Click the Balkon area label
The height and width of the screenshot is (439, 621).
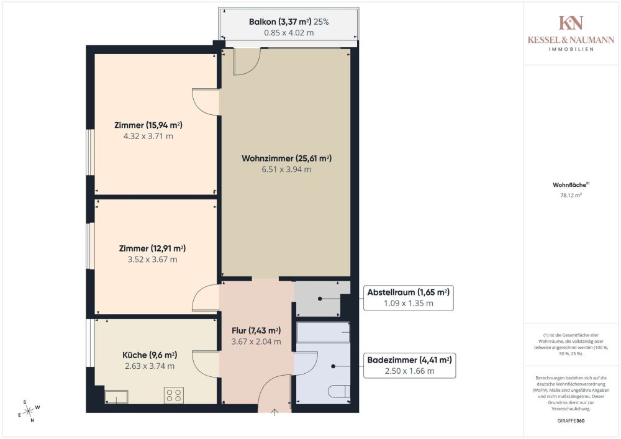[x=289, y=22]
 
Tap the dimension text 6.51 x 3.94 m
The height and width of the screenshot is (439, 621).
[x=286, y=170]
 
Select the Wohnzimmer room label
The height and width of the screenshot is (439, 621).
[x=286, y=158]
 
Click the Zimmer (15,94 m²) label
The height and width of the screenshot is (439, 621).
[x=148, y=125]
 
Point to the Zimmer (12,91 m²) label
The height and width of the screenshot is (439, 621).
[x=152, y=248]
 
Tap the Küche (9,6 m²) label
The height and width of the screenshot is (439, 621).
[x=150, y=355]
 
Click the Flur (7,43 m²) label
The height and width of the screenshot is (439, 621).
[x=256, y=330]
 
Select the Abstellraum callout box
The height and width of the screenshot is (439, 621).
[x=409, y=297]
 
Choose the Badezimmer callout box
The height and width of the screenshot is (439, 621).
[x=409, y=365]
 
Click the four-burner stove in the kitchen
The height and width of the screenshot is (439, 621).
[x=174, y=395]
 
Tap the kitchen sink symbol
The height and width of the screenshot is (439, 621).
[x=117, y=397]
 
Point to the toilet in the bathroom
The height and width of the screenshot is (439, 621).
[x=339, y=391]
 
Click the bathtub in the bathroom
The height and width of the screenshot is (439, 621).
[x=323, y=333]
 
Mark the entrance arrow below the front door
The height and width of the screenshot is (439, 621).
[x=274, y=412]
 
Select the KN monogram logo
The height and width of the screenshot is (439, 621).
[x=571, y=23]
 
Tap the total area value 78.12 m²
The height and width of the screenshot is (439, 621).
[x=571, y=195]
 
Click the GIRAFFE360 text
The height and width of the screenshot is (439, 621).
[x=571, y=421]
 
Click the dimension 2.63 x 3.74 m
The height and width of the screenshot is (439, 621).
[x=150, y=366]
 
